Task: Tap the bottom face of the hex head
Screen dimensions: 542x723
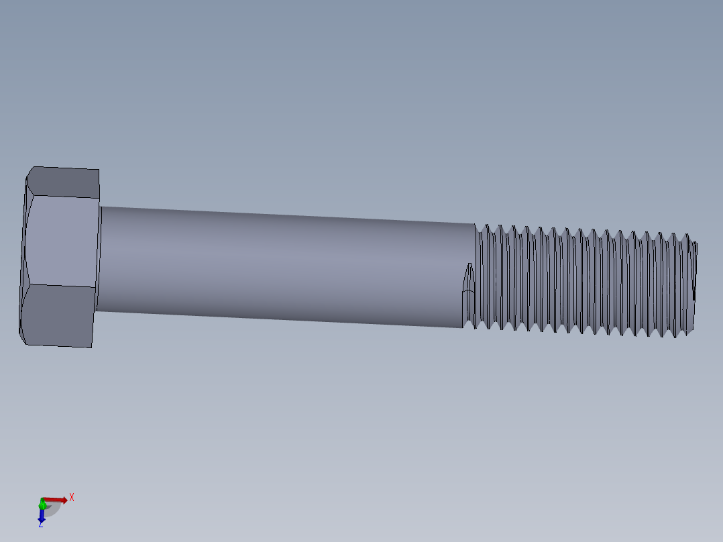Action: pyautogui.click(x=59, y=315)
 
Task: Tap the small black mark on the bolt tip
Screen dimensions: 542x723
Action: pyautogui.click(x=693, y=294)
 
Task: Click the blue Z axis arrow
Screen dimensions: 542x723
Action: pyautogui.click(x=41, y=515)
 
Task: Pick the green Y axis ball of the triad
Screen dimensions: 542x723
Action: pyautogui.click(x=42, y=501)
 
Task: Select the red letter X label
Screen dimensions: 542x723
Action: pyautogui.click(x=72, y=497)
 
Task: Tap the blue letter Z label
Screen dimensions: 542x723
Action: pyautogui.click(x=40, y=525)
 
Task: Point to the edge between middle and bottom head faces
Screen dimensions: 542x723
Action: pyautogui.click(x=60, y=286)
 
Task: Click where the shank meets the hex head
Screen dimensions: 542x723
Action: pyautogui.click(x=100, y=258)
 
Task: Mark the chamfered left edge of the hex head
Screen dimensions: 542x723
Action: pyautogui.click(x=24, y=255)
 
